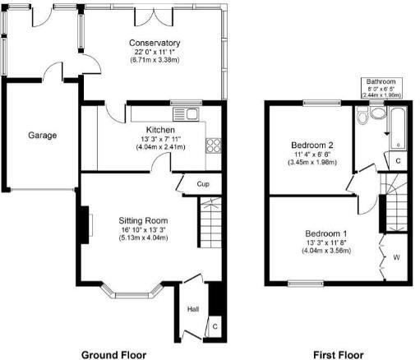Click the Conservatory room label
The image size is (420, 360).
[x=154, y=43]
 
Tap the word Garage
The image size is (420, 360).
[x=42, y=135]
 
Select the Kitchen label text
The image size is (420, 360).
[x=159, y=130]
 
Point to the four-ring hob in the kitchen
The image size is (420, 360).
[x=214, y=146]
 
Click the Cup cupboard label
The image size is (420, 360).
[x=202, y=184]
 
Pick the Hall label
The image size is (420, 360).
[x=193, y=309]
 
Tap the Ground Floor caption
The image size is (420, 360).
[x=120, y=354]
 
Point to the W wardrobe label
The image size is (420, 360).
[x=396, y=256]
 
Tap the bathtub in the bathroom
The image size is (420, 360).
[x=397, y=127]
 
